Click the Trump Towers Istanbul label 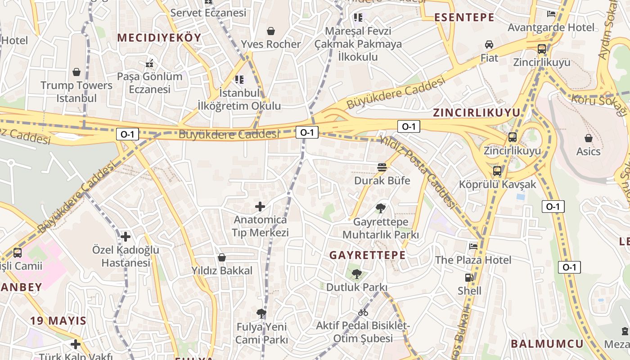(x=76, y=91)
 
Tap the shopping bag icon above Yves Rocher (x=271, y=31)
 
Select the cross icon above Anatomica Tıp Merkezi (x=260, y=207)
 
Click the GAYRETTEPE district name (x=367, y=255)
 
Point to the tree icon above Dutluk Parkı (x=356, y=273)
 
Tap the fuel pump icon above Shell (x=469, y=278)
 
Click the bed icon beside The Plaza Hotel (x=473, y=246)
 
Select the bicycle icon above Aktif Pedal (x=363, y=312)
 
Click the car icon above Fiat (x=489, y=45)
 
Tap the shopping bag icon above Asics (x=588, y=138)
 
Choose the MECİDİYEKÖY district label (x=159, y=38)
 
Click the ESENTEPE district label (x=464, y=18)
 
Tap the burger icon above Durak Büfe (x=382, y=167)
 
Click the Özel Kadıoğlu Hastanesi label (x=126, y=256)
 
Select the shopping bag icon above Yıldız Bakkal (x=222, y=257)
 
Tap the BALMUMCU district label (x=547, y=344)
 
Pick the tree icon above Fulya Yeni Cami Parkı (x=261, y=314)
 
